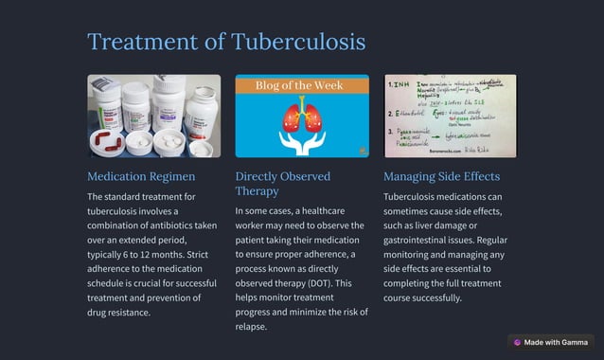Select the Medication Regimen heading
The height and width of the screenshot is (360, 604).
point(141,176)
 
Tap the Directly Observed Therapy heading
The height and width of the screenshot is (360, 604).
point(282,184)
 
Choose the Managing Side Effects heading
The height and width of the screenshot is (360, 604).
point(441,176)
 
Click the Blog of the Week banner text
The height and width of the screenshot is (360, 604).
point(301,85)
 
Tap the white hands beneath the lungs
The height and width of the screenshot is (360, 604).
point(302,142)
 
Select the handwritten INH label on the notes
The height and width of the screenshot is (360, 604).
point(403,83)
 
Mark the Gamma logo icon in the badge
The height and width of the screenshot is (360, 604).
point(517,342)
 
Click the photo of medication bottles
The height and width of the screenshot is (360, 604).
point(153,116)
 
